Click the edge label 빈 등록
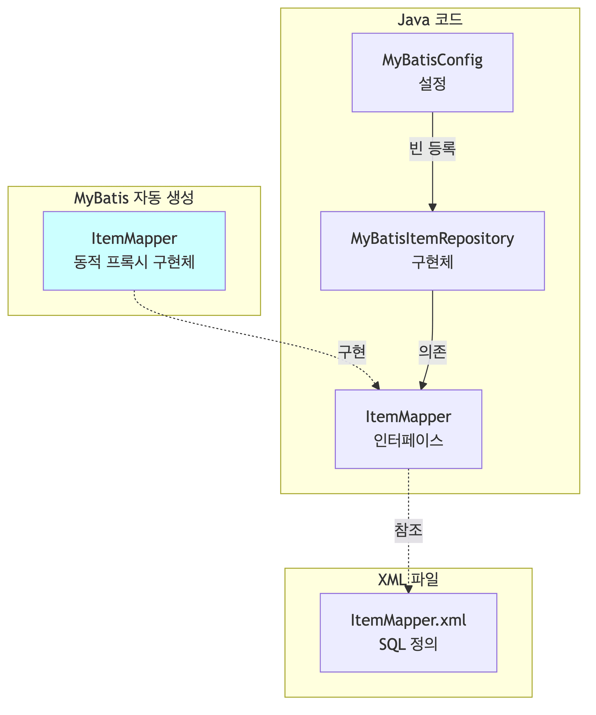(432, 149)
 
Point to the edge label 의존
(432, 352)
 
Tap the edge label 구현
(352, 352)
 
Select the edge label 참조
(408, 531)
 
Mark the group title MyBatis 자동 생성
(134, 198)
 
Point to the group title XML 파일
(408, 579)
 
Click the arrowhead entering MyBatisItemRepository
(432, 207)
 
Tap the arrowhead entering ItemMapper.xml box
(408, 589)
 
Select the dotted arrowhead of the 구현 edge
(376, 386)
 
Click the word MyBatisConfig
(432, 60)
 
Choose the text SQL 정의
(408, 644)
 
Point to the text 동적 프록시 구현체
(134, 262)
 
